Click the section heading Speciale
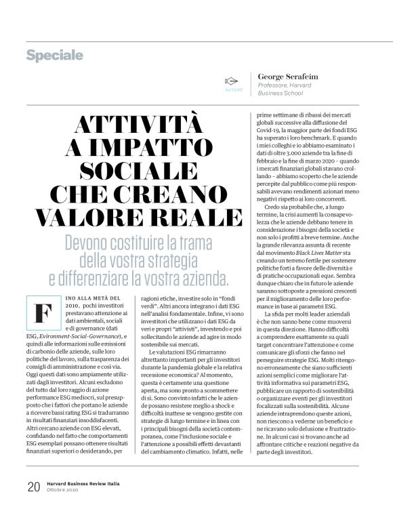point(55,54)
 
